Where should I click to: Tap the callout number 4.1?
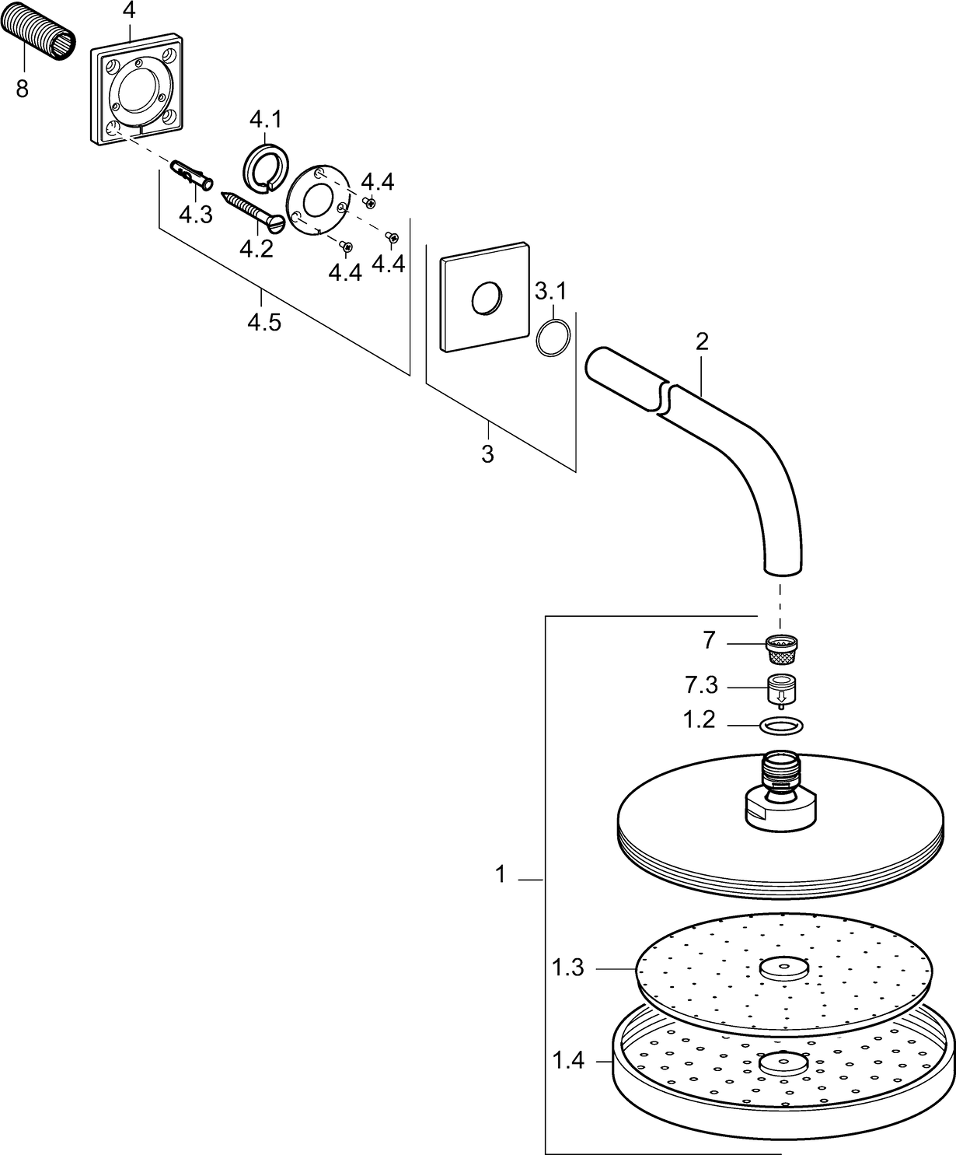pyautogui.click(x=265, y=121)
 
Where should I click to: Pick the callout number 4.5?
pyautogui.click(x=263, y=321)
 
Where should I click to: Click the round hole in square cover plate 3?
pyautogui.click(x=486, y=299)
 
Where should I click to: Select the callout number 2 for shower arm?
pyautogui.click(x=702, y=341)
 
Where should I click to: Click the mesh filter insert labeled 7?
pyautogui.click(x=783, y=648)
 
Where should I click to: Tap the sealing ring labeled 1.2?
pyautogui.click(x=781, y=725)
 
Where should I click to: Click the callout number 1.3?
pyautogui.click(x=567, y=969)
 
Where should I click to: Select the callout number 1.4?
pyautogui.click(x=567, y=1060)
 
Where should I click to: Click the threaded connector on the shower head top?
pyautogui.click(x=782, y=771)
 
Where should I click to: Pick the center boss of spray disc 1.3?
pyautogui.click(x=783, y=969)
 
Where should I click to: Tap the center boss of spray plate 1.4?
pyautogui.click(x=783, y=1063)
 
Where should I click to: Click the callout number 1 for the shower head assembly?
pyautogui.click(x=501, y=875)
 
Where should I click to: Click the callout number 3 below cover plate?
pyautogui.click(x=487, y=454)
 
